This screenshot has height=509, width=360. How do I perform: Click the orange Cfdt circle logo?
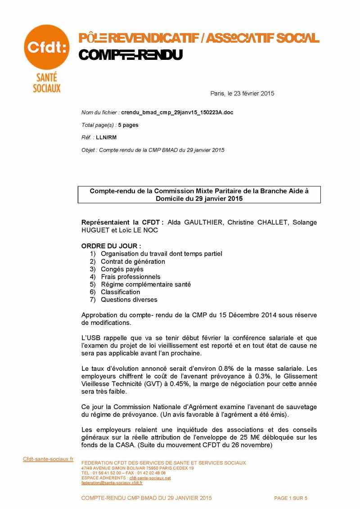click(x=46, y=47)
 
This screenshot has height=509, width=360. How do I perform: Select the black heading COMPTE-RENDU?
click(x=130, y=55)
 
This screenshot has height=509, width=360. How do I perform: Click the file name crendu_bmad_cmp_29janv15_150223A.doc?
click(x=177, y=112)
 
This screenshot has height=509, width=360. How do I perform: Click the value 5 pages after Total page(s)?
click(x=128, y=125)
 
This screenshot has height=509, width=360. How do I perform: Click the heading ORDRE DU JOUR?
click(x=111, y=246)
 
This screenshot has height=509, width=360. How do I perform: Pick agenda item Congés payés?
click(x=122, y=269)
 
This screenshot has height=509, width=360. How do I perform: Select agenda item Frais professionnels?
click(x=130, y=277)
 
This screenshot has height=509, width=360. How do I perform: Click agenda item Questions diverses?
click(x=129, y=300)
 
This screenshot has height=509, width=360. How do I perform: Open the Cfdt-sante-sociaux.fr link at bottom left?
click(x=48, y=459)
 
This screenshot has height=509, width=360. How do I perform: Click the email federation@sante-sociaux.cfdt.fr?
click(x=112, y=483)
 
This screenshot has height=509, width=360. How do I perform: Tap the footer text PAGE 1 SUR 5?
click(x=291, y=498)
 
